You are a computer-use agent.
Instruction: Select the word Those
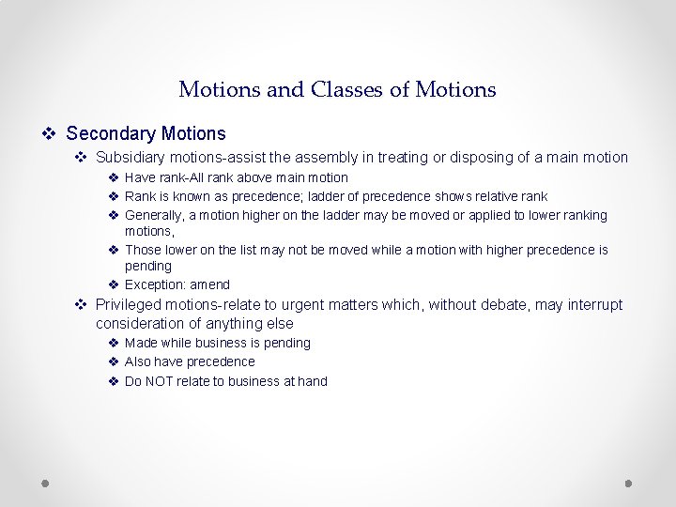click(x=143, y=250)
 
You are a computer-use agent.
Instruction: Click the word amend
click(x=209, y=284)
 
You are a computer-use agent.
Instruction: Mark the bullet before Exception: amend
click(x=113, y=284)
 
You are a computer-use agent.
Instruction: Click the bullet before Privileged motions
click(x=81, y=304)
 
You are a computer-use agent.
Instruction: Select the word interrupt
click(x=591, y=304)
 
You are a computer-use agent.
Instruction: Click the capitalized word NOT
click(x=161, y=381)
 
